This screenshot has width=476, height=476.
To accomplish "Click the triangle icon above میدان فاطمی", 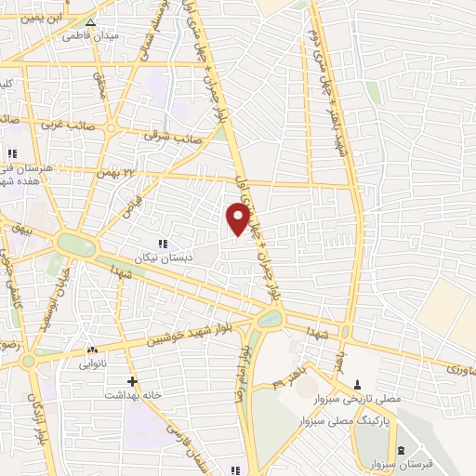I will pyautogui.click(x=90, y=23).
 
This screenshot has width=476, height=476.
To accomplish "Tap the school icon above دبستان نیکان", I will pyautogui.click(x=163, y=243).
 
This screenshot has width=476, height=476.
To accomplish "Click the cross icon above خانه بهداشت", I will pyautogui.click(x=133, y=380).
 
